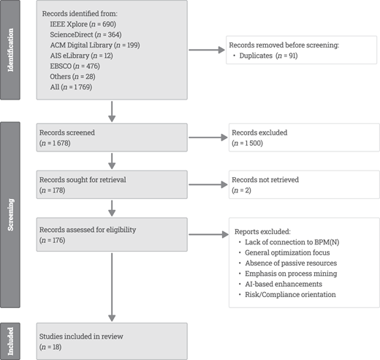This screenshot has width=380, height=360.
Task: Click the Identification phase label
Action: coord(10,50)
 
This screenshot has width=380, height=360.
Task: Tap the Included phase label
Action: coord(10,341)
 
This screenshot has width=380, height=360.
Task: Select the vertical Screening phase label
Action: coord(10,214)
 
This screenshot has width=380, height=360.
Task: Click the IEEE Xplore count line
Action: coord(83,24)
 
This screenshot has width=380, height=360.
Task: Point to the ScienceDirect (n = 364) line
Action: coord(85,34)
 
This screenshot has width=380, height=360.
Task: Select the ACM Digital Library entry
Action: coord(95,45)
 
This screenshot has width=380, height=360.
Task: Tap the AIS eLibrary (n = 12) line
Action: coord(81,56)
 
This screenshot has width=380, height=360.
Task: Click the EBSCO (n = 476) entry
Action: coord(75,66)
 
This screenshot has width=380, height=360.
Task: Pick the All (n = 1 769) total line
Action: coord(71,87)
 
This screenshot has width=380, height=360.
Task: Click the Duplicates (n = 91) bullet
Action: coord(265,56)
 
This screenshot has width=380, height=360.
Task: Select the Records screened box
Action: coord(112,138)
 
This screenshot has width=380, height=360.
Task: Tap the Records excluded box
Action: coord(304,138)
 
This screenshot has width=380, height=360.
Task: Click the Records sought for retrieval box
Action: coord(112,184)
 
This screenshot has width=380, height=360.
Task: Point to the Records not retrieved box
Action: coord(304,184)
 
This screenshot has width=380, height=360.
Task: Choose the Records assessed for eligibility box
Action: coord(112,235)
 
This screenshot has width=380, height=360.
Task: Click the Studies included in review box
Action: coord(112,341)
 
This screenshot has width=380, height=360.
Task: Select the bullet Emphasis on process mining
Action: coord(288,274)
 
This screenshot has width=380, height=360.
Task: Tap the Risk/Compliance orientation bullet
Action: coord(287,295)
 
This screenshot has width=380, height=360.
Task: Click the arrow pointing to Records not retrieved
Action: coord(208,184)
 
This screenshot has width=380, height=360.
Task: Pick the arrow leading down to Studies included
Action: coord(112,288)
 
